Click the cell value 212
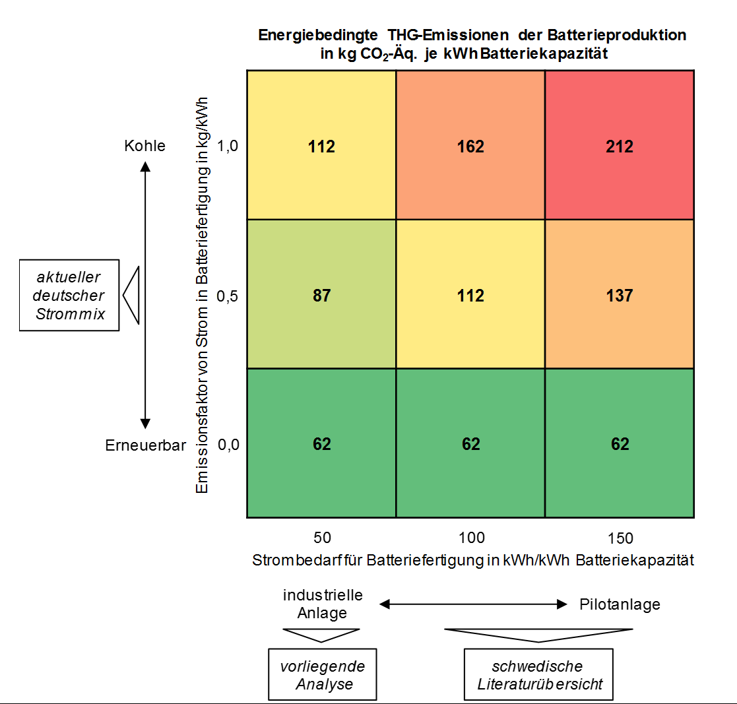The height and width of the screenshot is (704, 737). [620, 146]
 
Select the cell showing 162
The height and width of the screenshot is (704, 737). [470, 146]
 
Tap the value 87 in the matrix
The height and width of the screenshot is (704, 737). [322, 296]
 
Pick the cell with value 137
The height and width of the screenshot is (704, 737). [620, 296]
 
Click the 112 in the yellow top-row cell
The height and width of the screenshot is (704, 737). [321, 146]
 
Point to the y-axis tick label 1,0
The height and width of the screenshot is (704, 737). [227, 146]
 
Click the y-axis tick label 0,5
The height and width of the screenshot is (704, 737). [227, 296]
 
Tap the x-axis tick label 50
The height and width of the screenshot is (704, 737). [322, 538]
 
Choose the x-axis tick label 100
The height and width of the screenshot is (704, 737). [471, 538]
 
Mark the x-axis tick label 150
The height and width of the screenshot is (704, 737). [620, 538]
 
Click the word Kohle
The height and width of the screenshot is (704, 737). [144, 146]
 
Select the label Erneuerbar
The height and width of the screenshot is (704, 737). [145, 445]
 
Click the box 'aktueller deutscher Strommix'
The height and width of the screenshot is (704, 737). [69, 294]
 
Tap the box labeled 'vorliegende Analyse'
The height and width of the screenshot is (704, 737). [322, 674]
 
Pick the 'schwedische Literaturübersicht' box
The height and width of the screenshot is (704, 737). [538, 674]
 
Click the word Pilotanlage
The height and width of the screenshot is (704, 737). [620, 604]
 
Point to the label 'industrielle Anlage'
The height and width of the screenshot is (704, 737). [323, 604]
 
